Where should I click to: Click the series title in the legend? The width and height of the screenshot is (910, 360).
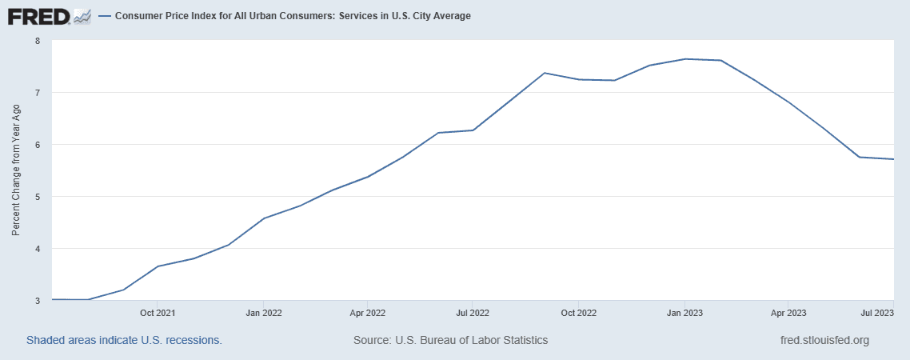tap(293, 16)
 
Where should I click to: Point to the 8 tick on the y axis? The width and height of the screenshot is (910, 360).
tap(38, 41)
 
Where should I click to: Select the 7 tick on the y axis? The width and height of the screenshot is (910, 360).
tap(38, 93)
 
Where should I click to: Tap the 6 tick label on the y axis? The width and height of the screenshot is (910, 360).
tap(38, 145)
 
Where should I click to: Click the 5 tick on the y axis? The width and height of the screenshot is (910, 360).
tap(38, 197)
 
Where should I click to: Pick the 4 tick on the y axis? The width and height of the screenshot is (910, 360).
tap(38, 249)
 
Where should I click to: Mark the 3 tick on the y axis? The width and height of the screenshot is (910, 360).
tap(38, 301)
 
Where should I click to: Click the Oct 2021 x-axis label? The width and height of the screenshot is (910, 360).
tap(158, 313)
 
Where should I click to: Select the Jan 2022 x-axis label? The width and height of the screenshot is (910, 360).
tap(263, 313)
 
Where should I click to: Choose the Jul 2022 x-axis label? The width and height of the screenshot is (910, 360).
tap(473, 313)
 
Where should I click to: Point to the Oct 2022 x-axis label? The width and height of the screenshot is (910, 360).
tap(578, 313)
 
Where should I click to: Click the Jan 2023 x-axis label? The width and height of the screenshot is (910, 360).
tap(684, 313)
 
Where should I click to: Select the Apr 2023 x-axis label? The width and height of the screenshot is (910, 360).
tap(788, 313)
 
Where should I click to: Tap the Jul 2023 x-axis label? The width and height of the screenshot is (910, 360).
tap(882, 313)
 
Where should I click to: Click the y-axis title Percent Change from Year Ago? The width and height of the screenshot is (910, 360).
tap(16, 170)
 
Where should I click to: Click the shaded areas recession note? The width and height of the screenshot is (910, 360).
tap(124, 340)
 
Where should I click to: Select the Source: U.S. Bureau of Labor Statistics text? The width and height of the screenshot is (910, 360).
tap(450, 340)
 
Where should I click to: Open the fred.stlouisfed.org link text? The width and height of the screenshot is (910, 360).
tap(824, 340)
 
